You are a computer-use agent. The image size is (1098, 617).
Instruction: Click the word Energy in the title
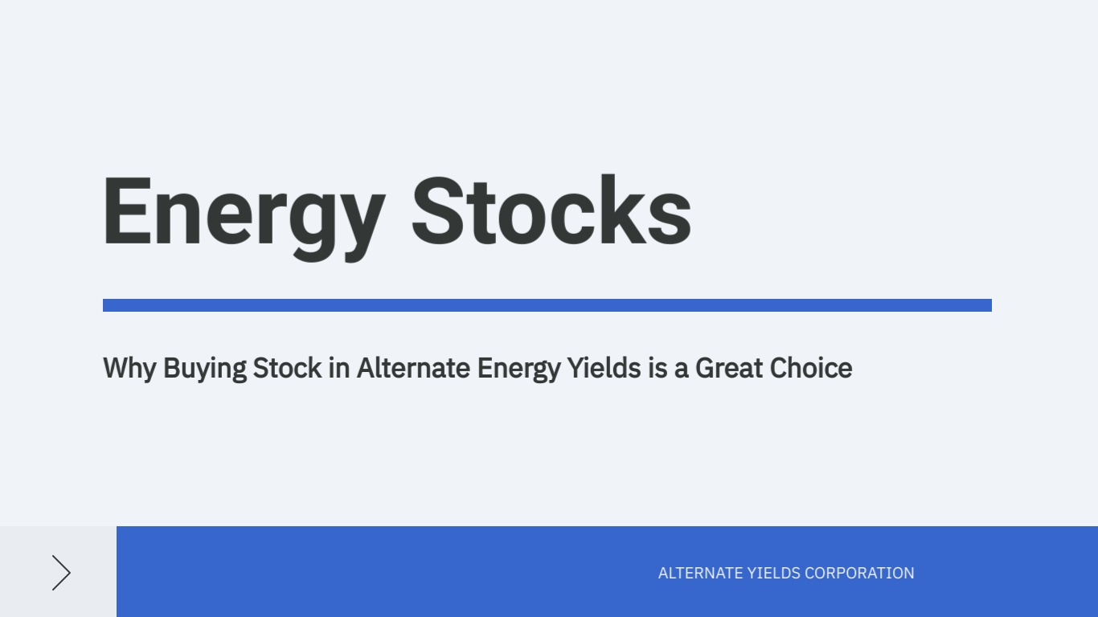click(x=244, y=218)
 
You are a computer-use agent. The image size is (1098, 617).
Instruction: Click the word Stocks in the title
click(x=552, y=210)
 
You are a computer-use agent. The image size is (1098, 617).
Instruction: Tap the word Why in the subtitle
click(x=129, y=369)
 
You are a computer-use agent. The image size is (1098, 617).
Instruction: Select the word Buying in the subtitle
click(x=205, y=369)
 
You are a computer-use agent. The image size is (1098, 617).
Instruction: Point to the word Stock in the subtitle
click(x=287, y=368)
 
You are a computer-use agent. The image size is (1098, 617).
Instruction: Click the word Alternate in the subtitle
click(x=413, y=368)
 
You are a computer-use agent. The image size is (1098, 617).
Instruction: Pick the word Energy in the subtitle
click(x=518, y=369)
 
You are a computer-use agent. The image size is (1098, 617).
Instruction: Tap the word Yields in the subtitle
click(x=604, y=368)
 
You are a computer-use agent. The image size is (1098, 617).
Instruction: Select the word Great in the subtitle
click(x=729, y=368)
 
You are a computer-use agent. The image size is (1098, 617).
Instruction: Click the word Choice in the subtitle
click(x=811, y=368)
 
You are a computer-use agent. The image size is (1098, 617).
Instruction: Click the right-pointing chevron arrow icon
click(x=62, y=573)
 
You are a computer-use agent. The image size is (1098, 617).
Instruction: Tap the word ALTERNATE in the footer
click(x=700, y=573)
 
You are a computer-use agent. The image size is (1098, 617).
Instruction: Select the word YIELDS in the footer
click(x=774, y=573)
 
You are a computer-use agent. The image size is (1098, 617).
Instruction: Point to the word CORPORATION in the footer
click(x=860, y=573)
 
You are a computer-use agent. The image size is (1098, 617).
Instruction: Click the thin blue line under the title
click(x=547, y=305)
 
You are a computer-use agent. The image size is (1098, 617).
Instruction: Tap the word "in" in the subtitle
click(x=339, y=368)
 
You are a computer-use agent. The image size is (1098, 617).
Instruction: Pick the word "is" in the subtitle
click(x=658, y=368)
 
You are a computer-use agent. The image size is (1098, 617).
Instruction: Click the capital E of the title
click(x=126, y=210)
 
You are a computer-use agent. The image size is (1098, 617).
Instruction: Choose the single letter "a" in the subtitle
click(x=682, y=371)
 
